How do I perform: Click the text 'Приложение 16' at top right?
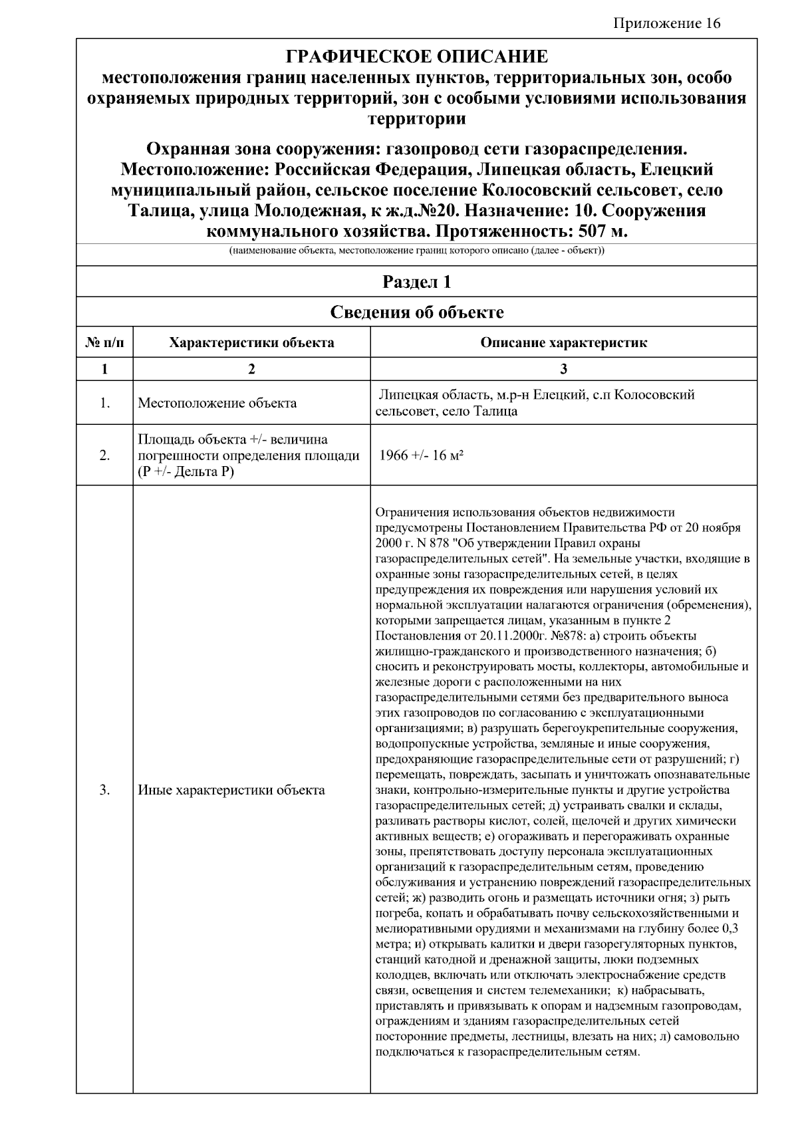(666, 24)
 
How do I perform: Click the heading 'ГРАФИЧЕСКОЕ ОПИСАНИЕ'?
(416, 56)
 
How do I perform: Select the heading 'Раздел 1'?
(416, 282)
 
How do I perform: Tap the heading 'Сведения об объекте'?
(416, 312)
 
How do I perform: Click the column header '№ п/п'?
(104, 343)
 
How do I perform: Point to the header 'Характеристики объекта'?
(251, 343)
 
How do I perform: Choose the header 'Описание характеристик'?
(563, 343)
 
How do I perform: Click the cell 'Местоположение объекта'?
(217, 403)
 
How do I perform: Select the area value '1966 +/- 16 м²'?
(421, 456)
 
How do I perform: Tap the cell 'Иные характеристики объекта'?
(231, 790)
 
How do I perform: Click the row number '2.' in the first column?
(104, 456)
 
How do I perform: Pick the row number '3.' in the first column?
(104, 790)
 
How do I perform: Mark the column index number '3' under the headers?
(563, 370)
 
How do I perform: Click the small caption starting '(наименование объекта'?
(416, 251)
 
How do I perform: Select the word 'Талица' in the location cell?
(495, 412)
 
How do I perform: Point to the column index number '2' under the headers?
(251, 370)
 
